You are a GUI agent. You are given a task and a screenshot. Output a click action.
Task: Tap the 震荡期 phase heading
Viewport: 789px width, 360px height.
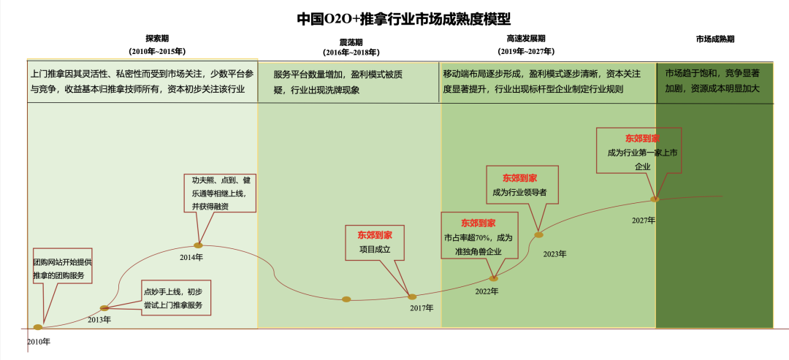tap(351, 42)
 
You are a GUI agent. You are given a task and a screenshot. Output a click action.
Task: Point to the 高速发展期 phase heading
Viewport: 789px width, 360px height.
tap(526, 38)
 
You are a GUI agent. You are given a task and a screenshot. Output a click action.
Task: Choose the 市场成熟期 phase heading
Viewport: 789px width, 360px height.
tap(715, 39)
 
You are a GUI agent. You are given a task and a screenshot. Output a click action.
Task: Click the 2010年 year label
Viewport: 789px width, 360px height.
tap(39, 341)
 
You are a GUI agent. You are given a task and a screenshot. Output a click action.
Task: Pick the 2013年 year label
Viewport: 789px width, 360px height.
tap(99, 319)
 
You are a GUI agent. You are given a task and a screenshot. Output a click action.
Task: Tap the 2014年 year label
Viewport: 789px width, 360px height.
tap(191, 257)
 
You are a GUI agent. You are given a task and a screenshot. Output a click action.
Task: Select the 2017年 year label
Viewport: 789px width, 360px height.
tap(422, 308)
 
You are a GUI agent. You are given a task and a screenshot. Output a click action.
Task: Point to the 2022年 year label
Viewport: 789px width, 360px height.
tap(487, 291)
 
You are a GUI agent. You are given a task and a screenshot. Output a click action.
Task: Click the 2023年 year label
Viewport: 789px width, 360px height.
tap(554, 253)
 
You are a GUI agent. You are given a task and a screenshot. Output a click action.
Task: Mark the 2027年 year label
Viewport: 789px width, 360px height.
tap(644, 220)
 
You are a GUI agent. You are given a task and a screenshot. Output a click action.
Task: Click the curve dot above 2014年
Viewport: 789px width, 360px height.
tap(198, 245)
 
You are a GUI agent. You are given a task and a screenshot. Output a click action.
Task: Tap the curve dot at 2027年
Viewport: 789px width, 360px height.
tap(655, 199)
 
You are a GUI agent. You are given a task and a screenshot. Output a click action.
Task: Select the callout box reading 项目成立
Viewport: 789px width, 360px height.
tap(375, 242)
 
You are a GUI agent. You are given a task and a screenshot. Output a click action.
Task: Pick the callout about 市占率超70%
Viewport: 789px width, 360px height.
tap(479, 235)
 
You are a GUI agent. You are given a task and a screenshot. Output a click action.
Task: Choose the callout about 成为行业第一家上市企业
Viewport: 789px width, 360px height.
tap(639, 150)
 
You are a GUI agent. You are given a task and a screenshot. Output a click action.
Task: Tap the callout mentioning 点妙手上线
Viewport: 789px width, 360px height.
tap(176, 298)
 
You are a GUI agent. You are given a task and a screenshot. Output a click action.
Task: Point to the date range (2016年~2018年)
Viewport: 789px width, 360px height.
tap(351, 53)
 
